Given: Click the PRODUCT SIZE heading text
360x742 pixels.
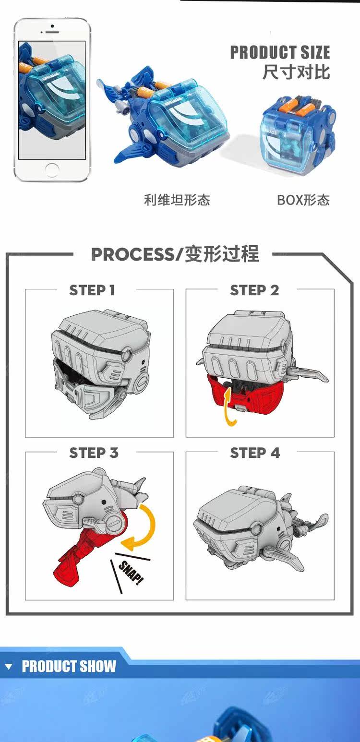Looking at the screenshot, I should point(280,52).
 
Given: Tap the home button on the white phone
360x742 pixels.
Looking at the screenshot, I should point(52,169).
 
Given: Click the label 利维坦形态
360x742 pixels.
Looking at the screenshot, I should point(177,200).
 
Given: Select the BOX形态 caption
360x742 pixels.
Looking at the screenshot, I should point(303,200).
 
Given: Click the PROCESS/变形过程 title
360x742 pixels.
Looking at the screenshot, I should point(175,254).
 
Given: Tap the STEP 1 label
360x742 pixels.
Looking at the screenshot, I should point(92,290).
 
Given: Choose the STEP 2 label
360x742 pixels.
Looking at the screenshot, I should point(254,290).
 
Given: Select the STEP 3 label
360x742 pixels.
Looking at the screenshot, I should point(94,453).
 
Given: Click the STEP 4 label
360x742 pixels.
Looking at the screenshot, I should point(255,453).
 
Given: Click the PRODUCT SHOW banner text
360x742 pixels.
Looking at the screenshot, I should point(69,666).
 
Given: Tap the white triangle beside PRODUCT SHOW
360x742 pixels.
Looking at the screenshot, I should point(8,667).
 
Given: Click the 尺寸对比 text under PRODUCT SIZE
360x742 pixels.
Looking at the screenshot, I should point(296,72).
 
